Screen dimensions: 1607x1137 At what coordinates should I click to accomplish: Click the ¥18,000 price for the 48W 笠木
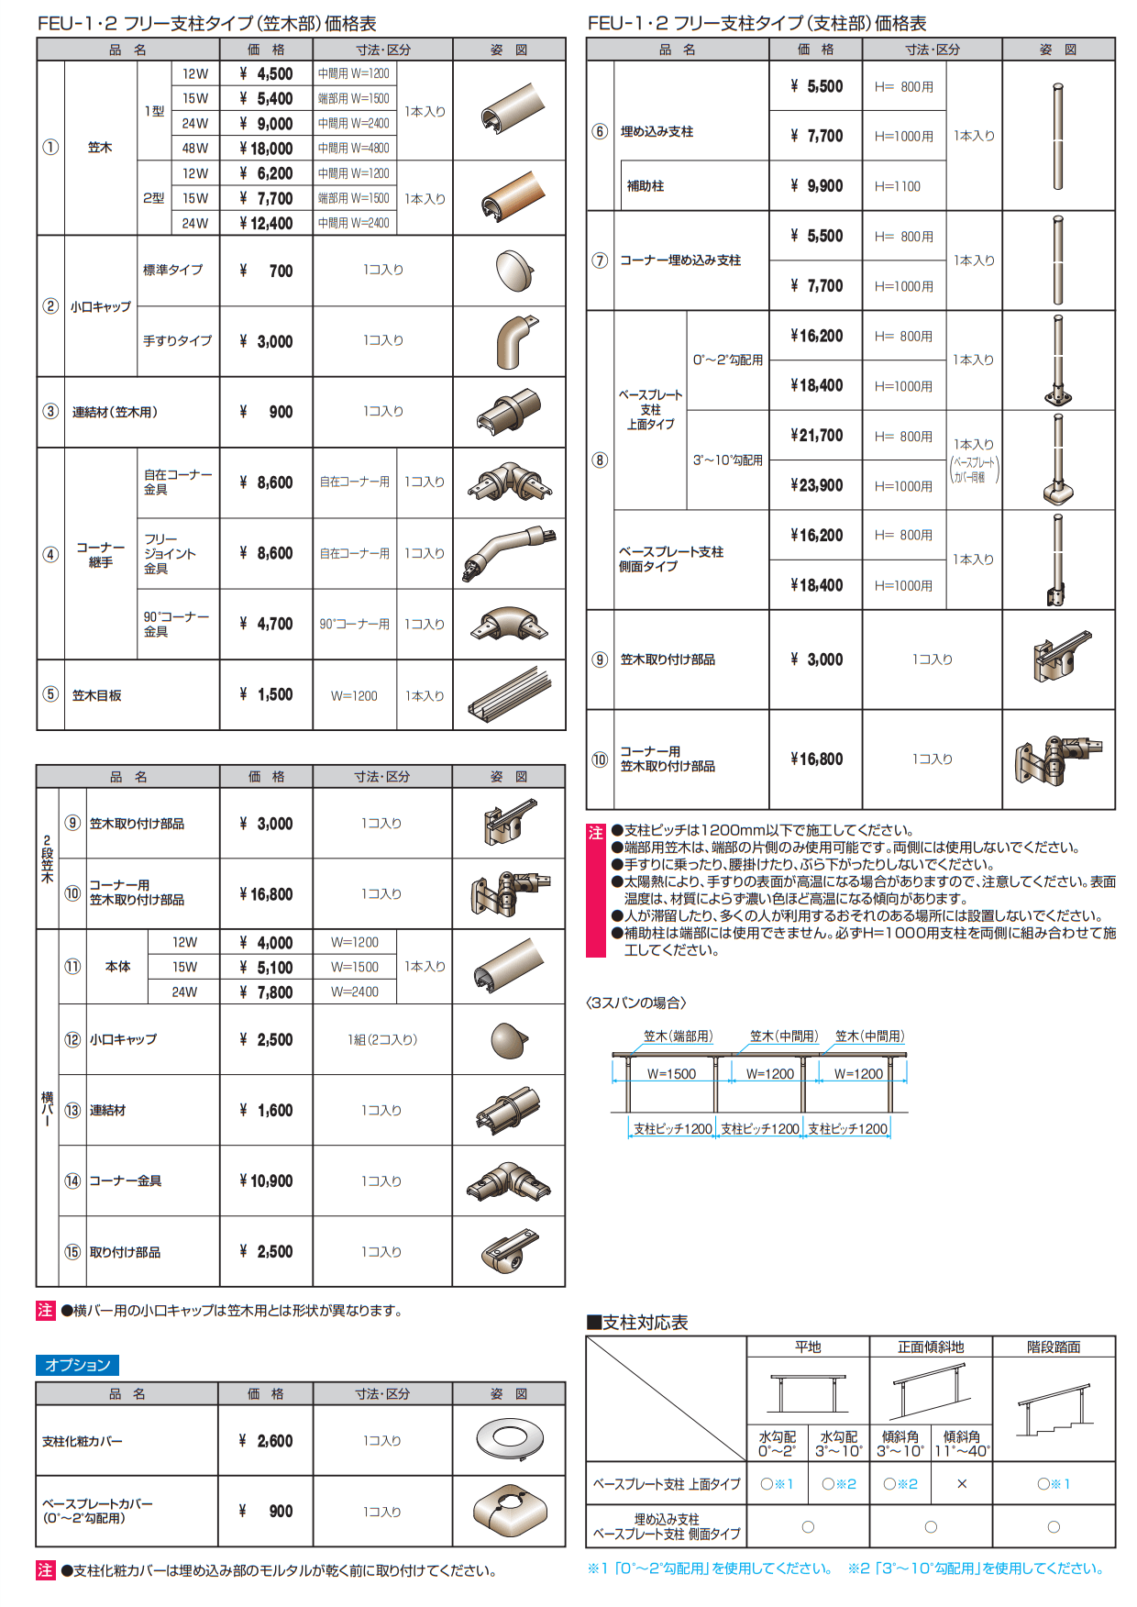click(x=266, y=149)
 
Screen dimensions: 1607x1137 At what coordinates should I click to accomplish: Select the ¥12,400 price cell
click(x=266, y=223)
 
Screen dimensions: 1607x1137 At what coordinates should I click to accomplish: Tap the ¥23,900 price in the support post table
click(x=816, y=485)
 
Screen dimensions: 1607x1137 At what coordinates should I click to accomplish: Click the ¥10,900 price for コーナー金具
click(x=266, y=1181)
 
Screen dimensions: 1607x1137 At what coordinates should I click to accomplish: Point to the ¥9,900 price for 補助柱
click(x=816, y=186)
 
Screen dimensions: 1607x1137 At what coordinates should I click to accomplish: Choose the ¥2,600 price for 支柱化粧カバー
click(x=266, y=1441)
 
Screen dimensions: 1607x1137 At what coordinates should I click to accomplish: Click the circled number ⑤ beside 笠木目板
click(x=50, y=694)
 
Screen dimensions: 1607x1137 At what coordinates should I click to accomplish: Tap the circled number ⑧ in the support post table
click(x=600, y=460)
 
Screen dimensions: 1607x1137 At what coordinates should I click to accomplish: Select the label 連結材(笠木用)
click(x=115, y=412)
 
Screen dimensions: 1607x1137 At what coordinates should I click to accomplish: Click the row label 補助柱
click(x=646, y=186)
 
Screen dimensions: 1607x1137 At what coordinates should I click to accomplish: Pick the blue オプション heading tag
click(x=78, y=1365)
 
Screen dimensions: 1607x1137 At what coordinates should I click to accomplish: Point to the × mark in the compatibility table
click(x=962, y=1483)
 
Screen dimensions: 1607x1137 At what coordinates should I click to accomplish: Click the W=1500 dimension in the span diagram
click(x=671, y=1074)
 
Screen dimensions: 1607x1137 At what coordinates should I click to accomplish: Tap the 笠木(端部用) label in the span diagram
click(x=678, y=1036)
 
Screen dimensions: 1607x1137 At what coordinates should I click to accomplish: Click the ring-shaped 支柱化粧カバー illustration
click(x=509, y=1440)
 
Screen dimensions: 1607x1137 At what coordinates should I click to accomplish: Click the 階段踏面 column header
click(x=1054, y=1347)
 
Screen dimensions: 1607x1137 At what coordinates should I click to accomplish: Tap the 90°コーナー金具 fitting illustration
click(x=509, y=624)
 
